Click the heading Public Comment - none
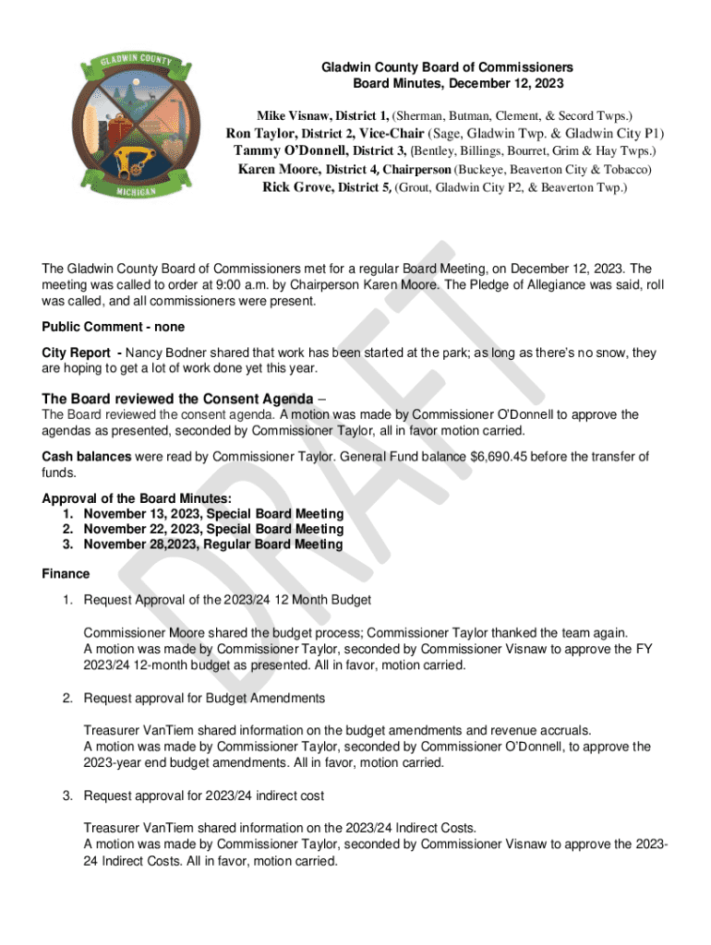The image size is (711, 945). (114, 327)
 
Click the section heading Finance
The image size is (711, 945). (66, 574)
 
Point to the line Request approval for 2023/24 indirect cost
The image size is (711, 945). (203, 795)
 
